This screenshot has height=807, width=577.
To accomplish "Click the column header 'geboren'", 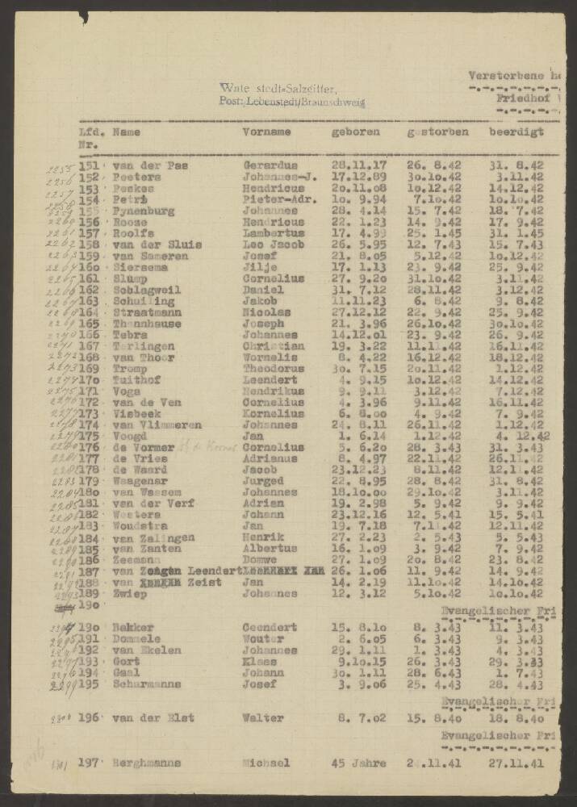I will (x=349, y=131).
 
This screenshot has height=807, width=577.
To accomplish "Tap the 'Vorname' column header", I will (x=266, y=131).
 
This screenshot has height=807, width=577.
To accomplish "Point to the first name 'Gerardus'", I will (x=269, y=165).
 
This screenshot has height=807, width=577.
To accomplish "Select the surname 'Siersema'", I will (x=139, y=267).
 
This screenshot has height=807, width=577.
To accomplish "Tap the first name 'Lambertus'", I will (x=272, y=233).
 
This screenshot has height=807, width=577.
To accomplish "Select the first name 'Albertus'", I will (x=269, y=548).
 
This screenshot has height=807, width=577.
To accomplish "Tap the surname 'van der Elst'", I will (x=153, y=718).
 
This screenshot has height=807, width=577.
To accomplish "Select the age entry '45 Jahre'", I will (x=359, y=763).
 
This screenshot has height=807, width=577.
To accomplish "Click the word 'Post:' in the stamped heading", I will (x=230, y=102).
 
